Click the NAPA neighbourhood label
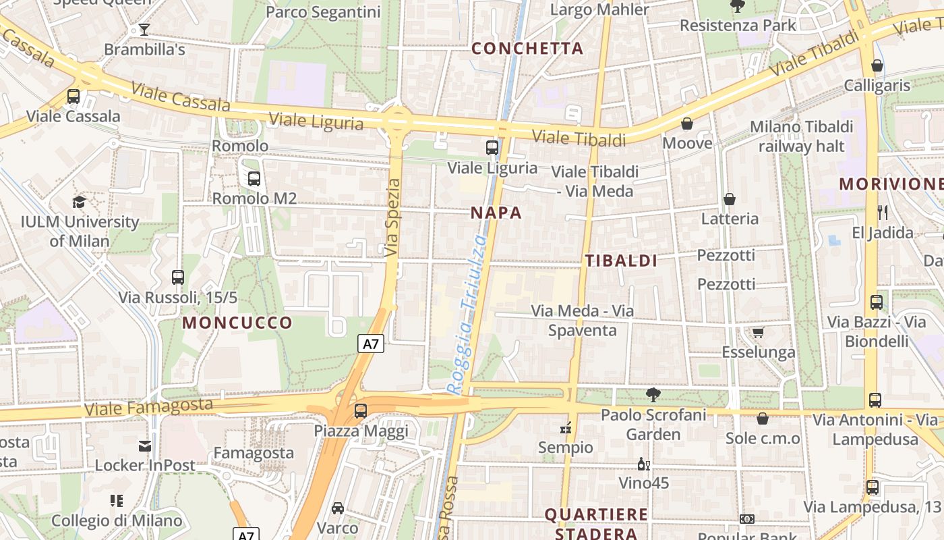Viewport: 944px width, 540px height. tap(496, 213)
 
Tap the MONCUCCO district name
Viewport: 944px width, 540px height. tap(237, 323)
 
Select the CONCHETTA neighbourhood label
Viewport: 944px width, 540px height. tap(527, 48)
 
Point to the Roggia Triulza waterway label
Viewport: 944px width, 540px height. tap(467, 314)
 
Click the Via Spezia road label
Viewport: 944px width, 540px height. tap(392, 217)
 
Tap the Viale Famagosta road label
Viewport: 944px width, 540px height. tap(148, 407)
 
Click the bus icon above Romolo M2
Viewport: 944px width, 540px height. tap(254, 179)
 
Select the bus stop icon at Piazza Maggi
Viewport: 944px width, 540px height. tap(361, 410)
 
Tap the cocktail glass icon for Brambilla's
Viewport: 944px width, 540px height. tap(144, 30)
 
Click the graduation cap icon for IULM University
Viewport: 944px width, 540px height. tap(80, 202)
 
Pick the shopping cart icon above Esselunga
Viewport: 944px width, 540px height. tap(759, 332)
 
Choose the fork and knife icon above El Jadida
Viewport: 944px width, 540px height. tap(883, 213)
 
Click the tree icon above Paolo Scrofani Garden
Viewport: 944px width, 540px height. tap(653, 395)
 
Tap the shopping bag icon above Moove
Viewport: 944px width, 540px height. tap(687, 124)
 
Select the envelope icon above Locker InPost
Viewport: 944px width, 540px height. tap(145, 446)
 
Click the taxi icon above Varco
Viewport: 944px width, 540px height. tap(338, 508)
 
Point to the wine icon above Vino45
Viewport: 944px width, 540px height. tap(644, 464)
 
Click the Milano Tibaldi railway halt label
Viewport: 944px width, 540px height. tap(801, 136)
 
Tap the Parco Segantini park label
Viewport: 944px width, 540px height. tap(323, 11)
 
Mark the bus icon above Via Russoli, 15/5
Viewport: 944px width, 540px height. tap(178, 277)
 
